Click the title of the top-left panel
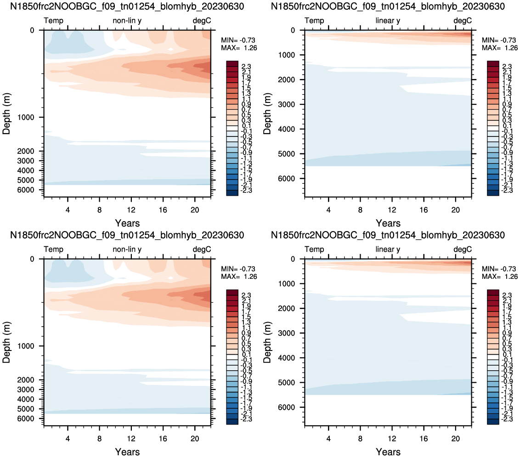pyautogui.click(x=127, y=6)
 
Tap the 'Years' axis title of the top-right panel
pyautogui.click(x=388, y=223)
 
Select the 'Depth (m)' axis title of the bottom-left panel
pyautogui.click(x=6, y=342)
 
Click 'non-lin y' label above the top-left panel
pyautogui.click(x=127, y=21)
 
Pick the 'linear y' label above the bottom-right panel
pyautogui.click(x=388, y=249)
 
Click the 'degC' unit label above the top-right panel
pyautogui.click(x=463, y=21)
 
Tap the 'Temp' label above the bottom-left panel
pyautogui.click(x=53, y=249)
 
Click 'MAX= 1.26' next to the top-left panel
pyautogui.click(x=239, y=48)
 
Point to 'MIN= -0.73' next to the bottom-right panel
pyautogui.click(x=499, y=269)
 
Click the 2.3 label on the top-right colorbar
pyautogui.click(x=507, y=67)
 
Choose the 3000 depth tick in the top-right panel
pyautogui.click(x=287, y=104)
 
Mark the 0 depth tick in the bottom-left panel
pyautogui.click(x=32, y=259)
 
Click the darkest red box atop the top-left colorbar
pyautogui.click(x=232, y=64)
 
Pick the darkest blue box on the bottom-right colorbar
pyautogui.click(x=493, y=422)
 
